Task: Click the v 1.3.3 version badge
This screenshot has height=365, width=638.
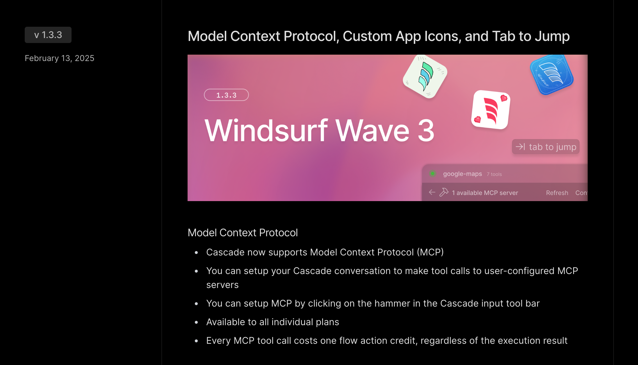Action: click(48, 35)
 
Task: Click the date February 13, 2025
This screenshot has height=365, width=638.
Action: click(60, 58)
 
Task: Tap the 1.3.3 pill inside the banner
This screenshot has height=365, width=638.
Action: click(226, 95)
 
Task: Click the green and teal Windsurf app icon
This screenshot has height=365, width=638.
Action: click(425, 76)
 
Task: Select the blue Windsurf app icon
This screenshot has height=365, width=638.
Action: click(552, 74)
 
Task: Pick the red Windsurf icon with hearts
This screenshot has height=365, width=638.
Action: click(491, 110)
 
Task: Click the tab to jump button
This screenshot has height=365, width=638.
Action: click(546, 147)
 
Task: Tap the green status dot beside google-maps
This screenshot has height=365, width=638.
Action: click(433, 174)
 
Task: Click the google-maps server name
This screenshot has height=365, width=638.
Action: click(462, 174)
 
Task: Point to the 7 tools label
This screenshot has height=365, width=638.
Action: click(494, 174)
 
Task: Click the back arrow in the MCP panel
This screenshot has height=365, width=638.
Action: click(432, 192)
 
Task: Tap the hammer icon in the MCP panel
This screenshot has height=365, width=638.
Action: click(444, 192)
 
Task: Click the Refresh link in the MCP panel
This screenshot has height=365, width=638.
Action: click(557, 193)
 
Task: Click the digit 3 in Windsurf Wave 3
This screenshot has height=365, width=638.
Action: click(426, 130)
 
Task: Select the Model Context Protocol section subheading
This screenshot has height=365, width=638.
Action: click(243, 232)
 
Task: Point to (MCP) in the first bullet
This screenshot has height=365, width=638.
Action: click(430, 252)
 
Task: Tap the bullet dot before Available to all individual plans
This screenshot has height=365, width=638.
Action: click(196, 322)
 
